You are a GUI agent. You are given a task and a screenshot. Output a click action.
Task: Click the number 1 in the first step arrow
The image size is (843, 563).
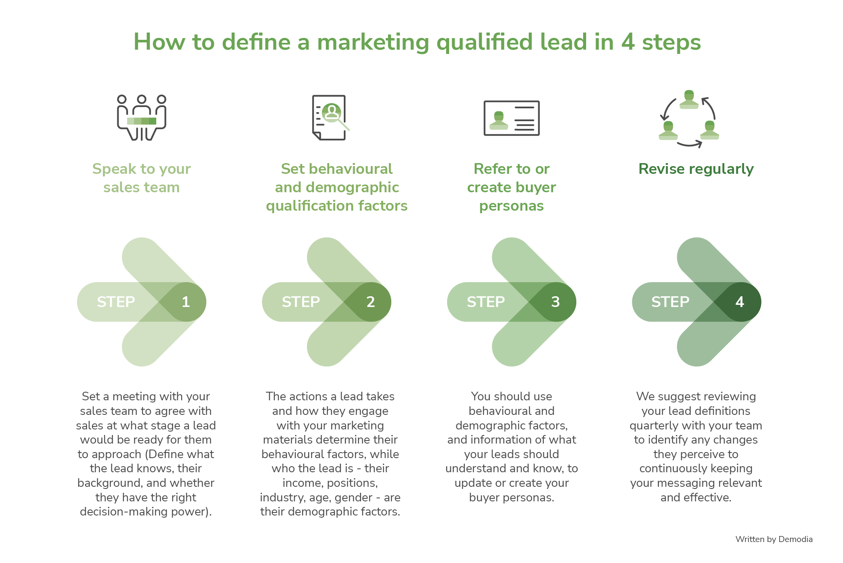point(185,302)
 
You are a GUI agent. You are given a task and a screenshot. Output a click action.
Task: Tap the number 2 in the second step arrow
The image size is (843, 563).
point(370,302)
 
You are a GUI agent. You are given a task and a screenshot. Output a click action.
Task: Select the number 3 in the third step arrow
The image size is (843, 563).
point(555,302)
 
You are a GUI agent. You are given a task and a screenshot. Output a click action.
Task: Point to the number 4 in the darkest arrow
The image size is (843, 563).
point(739,302)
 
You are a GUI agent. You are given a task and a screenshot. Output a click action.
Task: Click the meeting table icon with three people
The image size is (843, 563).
point(141,118)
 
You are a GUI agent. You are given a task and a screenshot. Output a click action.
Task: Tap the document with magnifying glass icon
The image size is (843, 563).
point(330,117)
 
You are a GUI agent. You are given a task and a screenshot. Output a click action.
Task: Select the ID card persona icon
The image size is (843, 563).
point(511,118)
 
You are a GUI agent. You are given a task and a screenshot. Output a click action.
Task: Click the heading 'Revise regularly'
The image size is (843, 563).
point(696,169)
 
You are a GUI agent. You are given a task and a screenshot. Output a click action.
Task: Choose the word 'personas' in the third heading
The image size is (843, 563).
point(511,206)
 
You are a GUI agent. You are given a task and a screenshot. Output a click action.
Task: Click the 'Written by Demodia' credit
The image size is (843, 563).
point(774,539)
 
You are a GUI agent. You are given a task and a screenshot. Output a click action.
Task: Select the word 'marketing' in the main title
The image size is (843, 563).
point(373,42)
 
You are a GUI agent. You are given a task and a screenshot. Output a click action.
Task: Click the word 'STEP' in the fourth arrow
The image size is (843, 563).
point(670,302)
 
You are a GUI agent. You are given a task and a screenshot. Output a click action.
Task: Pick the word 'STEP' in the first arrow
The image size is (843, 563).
point(116,302)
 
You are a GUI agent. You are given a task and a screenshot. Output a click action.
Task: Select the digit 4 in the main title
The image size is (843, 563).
point(628,42)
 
